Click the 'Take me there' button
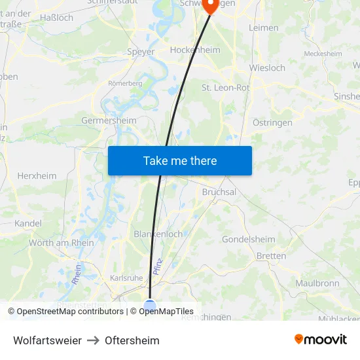(x=180, y=160)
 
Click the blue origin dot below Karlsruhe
(x=150, y=306)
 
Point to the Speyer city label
(x=141, y=52)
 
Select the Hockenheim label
(x=194, y=50)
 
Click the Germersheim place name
(x=109, y=120)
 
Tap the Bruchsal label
(x=219, y=192)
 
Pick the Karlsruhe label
(x=126, y=278)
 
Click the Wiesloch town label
(x=267, y=67)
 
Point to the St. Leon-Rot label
(x=225, y=87)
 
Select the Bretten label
(x=271, y=255)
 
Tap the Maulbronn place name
(x=317, y=283)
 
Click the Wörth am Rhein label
(x=62, y=243)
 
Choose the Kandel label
(x=28, y=223)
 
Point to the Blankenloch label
(x=158, y=234)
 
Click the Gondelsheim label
(x=249, y=239)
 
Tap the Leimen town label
(x=264, y=28)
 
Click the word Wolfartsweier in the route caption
(x=47, y=340)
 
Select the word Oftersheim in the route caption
(x=132, y=340)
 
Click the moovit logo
(x=321, y=339)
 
